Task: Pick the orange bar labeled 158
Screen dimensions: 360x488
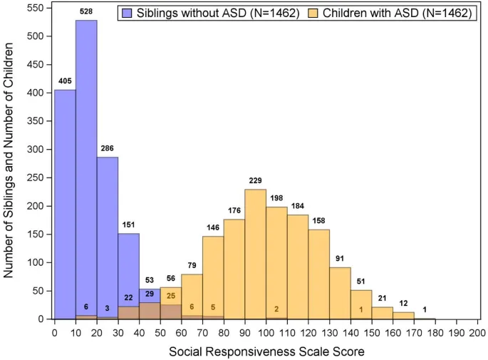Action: point(318,274)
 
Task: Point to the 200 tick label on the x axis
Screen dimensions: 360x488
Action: point(478,331)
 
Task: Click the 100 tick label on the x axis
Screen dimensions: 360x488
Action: point(266,331)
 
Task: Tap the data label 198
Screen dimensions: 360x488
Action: point(276,197)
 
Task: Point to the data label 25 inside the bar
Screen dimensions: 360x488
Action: point(171,296)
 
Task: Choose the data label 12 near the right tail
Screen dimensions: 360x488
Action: point(403,302)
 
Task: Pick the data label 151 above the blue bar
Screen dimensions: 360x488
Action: point(128,224)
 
